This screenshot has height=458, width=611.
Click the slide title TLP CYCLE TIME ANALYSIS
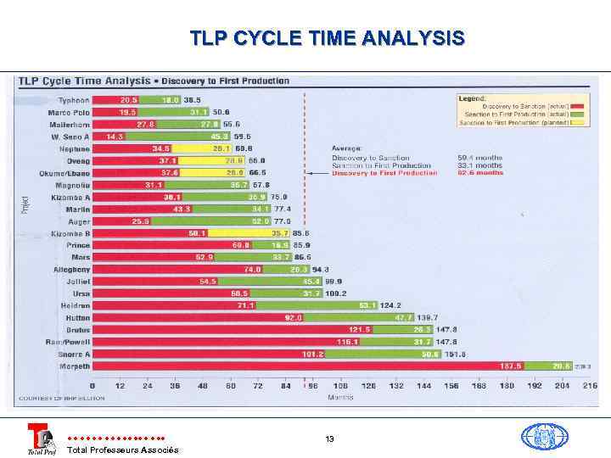point(327,38)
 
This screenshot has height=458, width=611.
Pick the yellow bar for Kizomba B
point(249,232)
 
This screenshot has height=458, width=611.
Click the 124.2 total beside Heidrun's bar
point(390,305)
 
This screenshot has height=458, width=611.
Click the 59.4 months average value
point(480,158)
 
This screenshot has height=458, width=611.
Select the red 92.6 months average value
point(480,173)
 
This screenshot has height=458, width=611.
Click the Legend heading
point(473,98)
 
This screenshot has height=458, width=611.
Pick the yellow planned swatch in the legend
point(578,122)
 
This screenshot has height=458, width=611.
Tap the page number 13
point(329,438)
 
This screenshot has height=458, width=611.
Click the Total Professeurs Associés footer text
point(122,450)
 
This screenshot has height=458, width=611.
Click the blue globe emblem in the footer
point(544,436)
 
